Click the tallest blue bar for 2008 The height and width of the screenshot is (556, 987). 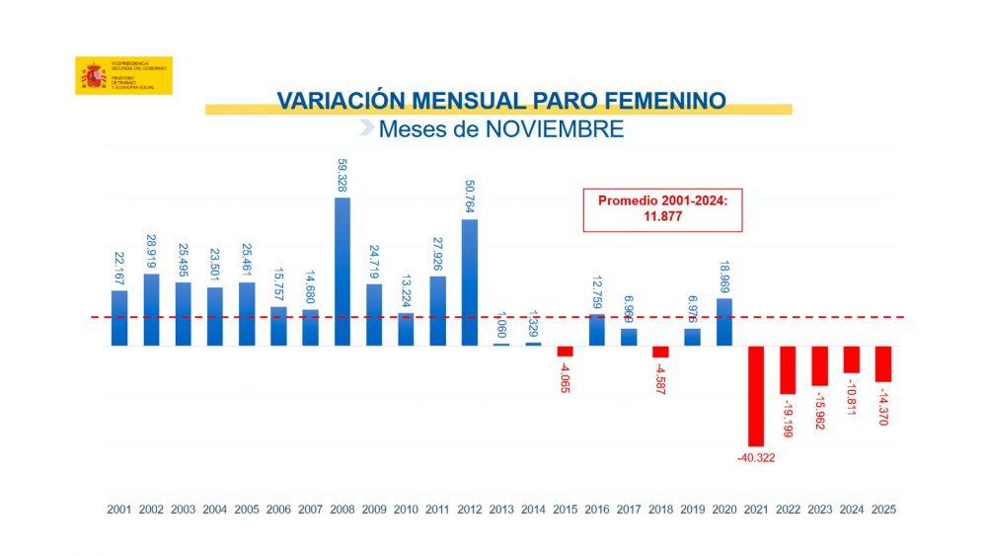[342, 272]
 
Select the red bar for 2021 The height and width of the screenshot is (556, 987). [756, 395]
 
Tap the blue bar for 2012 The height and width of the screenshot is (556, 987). [469, 282]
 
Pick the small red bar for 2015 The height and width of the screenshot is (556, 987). [565, 352]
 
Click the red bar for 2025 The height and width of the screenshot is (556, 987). [883, 363]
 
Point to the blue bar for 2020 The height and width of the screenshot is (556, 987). [723, 322]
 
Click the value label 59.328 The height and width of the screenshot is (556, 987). [342, 175]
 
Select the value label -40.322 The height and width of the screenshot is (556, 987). [756, 457]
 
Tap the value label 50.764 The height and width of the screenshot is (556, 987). [470, 197]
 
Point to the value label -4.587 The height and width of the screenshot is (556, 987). [660, 378]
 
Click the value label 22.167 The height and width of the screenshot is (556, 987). [119, 267]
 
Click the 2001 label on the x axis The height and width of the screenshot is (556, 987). [119, 510]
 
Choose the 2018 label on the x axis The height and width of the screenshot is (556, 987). [660, 510]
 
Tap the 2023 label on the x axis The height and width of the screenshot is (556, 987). [819, 510]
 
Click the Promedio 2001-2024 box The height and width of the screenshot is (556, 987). [661, 207]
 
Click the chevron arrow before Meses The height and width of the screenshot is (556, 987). [366, 128]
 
